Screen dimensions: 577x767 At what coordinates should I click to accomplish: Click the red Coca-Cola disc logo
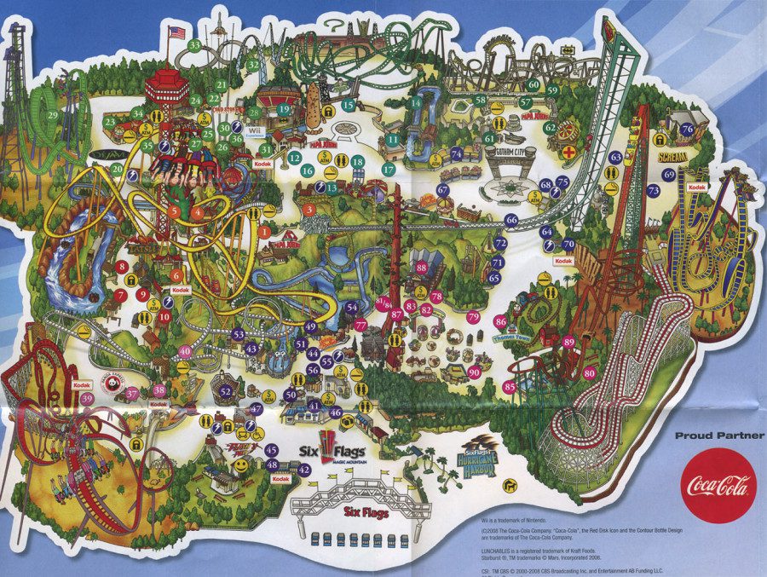pos(718,485)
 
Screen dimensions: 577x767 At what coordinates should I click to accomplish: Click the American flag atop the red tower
pos(177,32)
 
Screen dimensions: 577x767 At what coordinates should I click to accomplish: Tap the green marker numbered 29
pos(53,115)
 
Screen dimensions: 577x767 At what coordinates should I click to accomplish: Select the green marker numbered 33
pos(195,44)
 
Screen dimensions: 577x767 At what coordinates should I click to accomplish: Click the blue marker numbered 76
pos(687,129)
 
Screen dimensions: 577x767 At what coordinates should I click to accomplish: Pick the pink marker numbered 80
pos(589,372)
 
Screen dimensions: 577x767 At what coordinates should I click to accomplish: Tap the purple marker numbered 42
pos(305,470)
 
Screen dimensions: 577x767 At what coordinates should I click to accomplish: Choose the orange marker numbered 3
pos(309,209)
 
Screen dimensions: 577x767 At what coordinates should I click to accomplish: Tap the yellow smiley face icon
pos(241,465)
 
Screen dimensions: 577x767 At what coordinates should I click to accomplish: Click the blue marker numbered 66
pos(511,220)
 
